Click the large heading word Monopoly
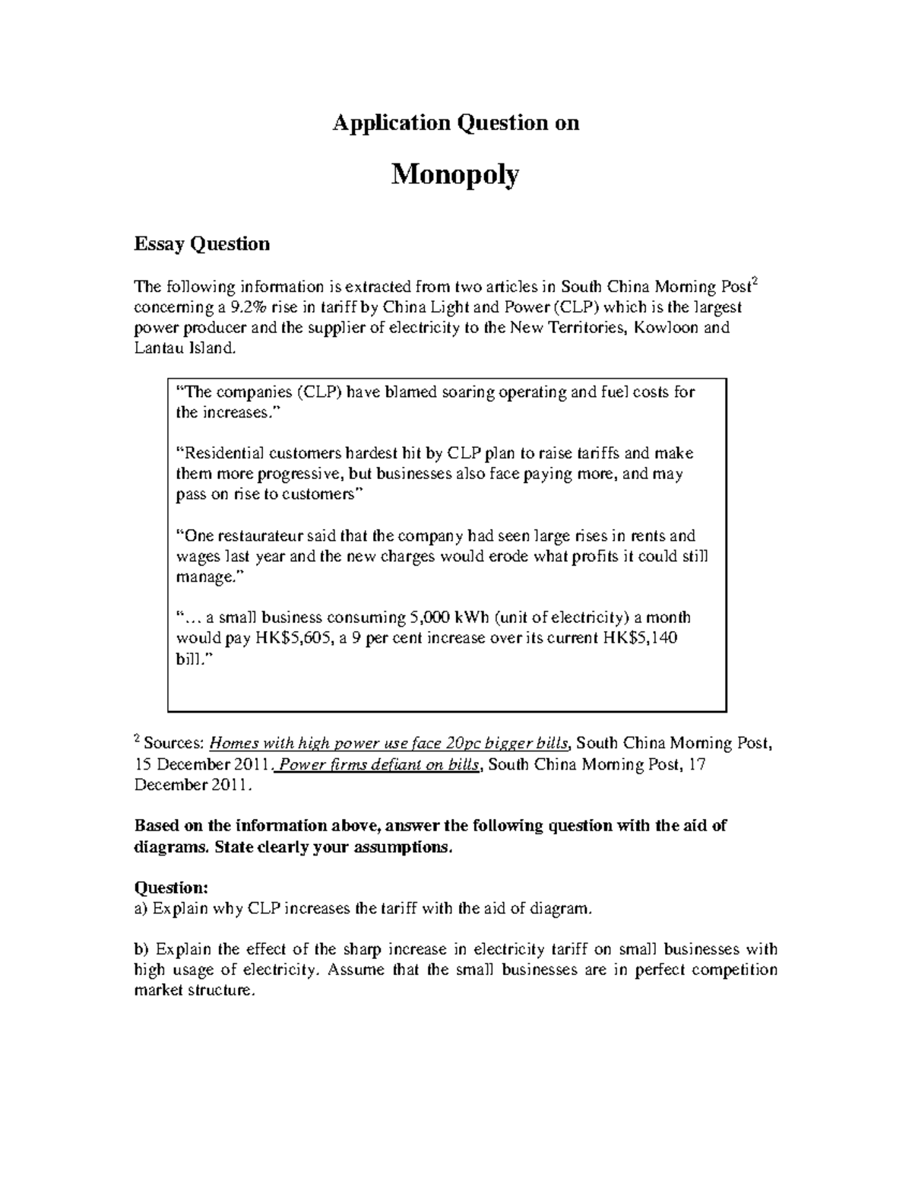(x=455, y=176)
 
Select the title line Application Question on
(x=455, y=123)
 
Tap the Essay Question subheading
(x=201, y=244)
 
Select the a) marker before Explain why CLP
(x=141, y=908)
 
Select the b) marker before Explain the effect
(x=142, y=949)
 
